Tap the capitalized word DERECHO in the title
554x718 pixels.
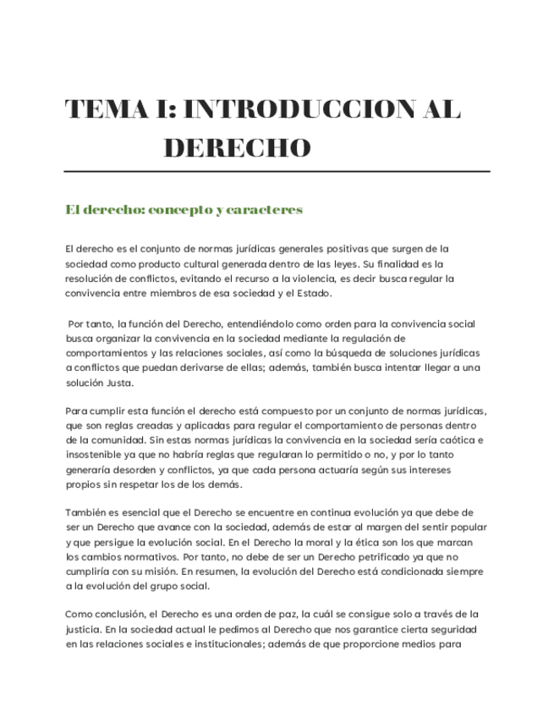(237, 149)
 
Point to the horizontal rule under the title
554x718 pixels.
(277, 172)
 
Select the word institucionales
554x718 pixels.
(218, 643)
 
